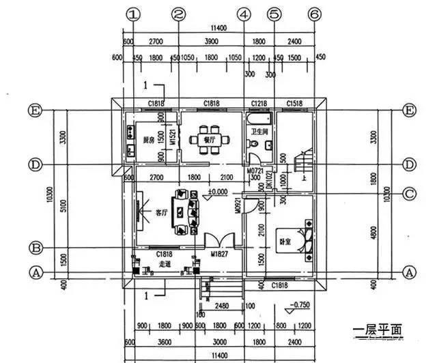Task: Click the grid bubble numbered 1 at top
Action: [x=135, y=14]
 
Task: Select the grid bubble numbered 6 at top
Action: [x=315, y=14]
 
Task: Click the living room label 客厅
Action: [x=161, y=212]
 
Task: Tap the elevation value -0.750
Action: [x=301, y=304]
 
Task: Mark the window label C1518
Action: [x=294, y=103]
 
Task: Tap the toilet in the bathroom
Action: [x=253, y=145]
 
